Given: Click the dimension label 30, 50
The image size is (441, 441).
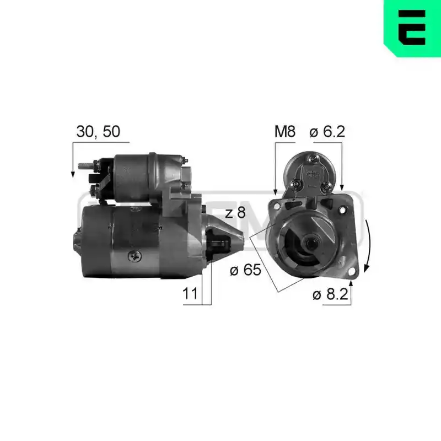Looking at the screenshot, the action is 98,132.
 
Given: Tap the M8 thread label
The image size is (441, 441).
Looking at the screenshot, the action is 285,131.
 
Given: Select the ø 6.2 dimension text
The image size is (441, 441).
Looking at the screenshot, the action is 327,131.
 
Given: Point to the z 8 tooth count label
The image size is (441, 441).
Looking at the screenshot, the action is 235,213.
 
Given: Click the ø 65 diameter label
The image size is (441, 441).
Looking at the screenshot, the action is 245,270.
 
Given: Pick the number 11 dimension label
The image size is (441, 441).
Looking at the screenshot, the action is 190,294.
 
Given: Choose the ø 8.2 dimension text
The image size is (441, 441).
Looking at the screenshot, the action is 330,294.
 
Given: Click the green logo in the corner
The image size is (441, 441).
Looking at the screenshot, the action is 412,28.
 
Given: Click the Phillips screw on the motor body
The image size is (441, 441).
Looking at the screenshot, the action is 135,256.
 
